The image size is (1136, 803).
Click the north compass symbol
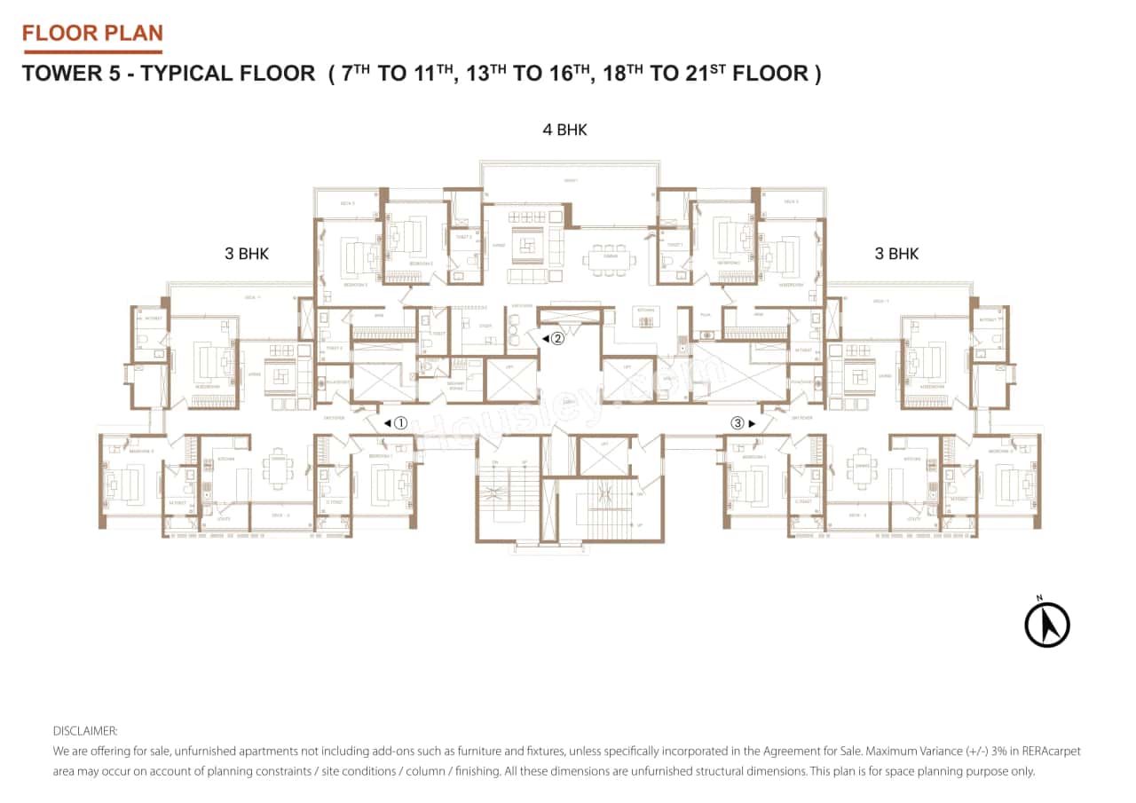click(x=1047, y=623)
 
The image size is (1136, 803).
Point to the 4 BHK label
click(x=565, y=130)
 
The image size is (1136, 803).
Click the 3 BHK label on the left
click(x=247, y=254)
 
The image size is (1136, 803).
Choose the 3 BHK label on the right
click(x=896, y=254)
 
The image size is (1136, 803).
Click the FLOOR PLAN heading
click(x=92, y=34)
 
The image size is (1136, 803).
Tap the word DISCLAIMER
click(x=85, y=731)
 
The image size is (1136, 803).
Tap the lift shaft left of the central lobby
click(x=512, y=379)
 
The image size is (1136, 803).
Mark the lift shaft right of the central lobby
click(x=627, y=379)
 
